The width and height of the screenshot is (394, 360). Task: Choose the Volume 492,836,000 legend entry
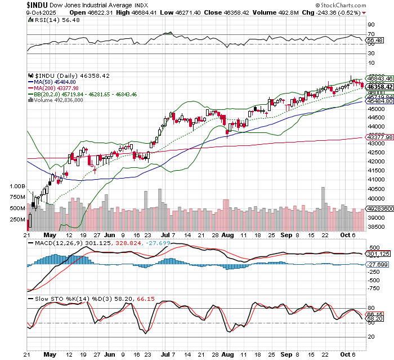(55, 99)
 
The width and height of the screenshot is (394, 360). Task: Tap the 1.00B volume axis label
(17, 185)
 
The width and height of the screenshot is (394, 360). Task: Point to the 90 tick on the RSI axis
(371, 25)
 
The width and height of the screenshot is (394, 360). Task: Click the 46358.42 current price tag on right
(379, 86)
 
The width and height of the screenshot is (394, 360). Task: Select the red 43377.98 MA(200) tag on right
(379, 137)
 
